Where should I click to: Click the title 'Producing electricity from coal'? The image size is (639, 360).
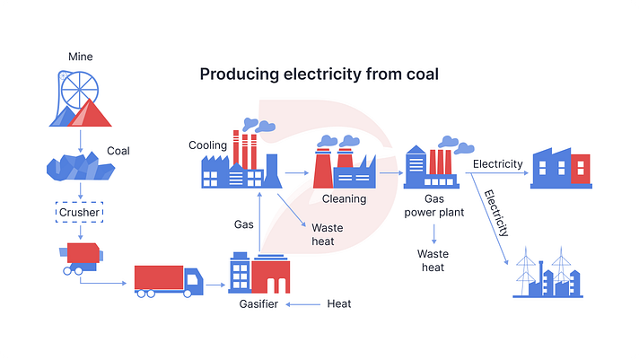click(319, 75)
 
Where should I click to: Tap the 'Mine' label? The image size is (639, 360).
click(81, 57)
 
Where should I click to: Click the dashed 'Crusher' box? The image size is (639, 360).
click(81, 213)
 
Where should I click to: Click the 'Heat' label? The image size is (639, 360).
click(339, 304)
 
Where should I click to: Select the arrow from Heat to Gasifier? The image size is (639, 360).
click(305, 304)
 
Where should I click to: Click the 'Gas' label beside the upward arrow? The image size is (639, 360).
click(244, 224)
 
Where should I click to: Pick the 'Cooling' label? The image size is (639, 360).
click(207, 145)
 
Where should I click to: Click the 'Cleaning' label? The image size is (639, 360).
click(345, 199)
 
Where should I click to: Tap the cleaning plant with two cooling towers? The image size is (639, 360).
click(345, 165)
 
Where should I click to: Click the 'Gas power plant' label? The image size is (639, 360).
click(433, 206)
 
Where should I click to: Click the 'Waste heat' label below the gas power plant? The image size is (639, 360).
click(433, 260)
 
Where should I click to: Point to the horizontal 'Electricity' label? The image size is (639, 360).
click(497, 164)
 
